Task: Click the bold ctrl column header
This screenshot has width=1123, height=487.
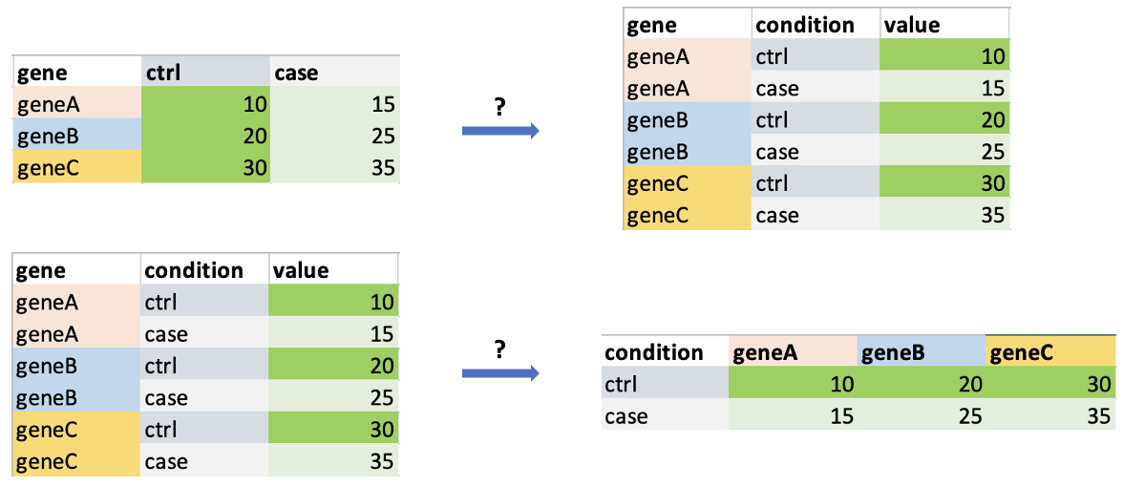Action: coord(162,73)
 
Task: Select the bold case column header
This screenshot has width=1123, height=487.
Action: coord(296,73)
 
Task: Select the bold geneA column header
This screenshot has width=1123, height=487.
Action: coord(764,351)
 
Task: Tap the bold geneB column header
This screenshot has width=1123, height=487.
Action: coord(892,351)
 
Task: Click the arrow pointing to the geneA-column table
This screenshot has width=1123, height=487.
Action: coord(500,373)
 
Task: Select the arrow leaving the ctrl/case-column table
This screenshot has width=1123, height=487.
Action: coord(500,130)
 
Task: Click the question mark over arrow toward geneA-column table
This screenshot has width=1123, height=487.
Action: coord(500,349)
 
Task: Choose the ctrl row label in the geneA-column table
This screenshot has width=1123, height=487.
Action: coord(620,384)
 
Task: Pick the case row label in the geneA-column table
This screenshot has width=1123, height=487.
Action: coord(625,415)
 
